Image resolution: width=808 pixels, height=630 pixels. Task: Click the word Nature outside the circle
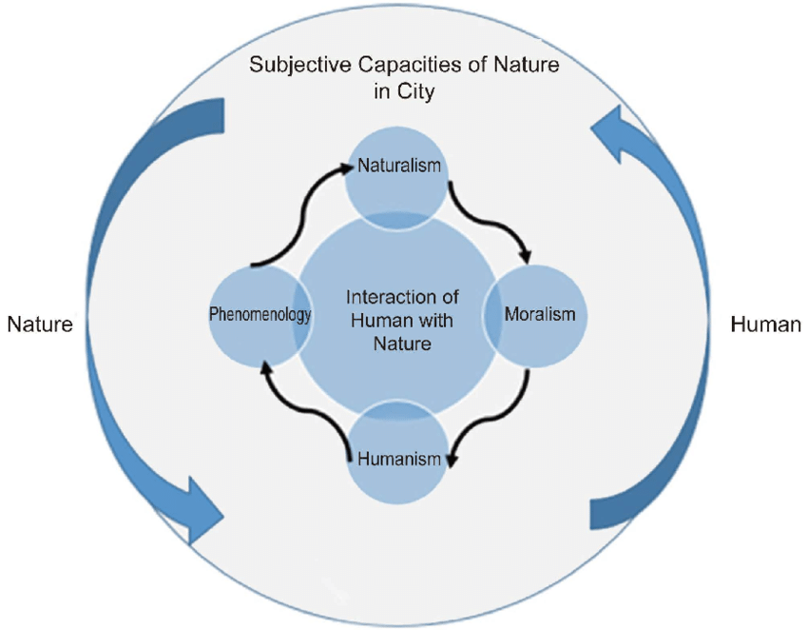pyautogui.click(x=40, y=325)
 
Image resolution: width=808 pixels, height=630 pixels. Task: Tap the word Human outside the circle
pyautogui.click(x=765, y=325)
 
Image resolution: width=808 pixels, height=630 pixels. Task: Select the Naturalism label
pyautogui.click(x=399, y=166)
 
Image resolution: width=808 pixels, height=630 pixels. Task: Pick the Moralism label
pyautogui.click(x=540, y=314)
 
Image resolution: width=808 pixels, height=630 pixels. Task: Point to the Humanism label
pyautogui.click(x=399, y=460)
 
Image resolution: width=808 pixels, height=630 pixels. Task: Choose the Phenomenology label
pyautogui.click(x=260, y=314)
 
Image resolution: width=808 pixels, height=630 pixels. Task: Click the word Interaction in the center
pyautogui.click(x=389, y=296)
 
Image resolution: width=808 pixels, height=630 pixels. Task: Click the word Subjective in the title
pyautogui.click(x=292, y=67)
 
